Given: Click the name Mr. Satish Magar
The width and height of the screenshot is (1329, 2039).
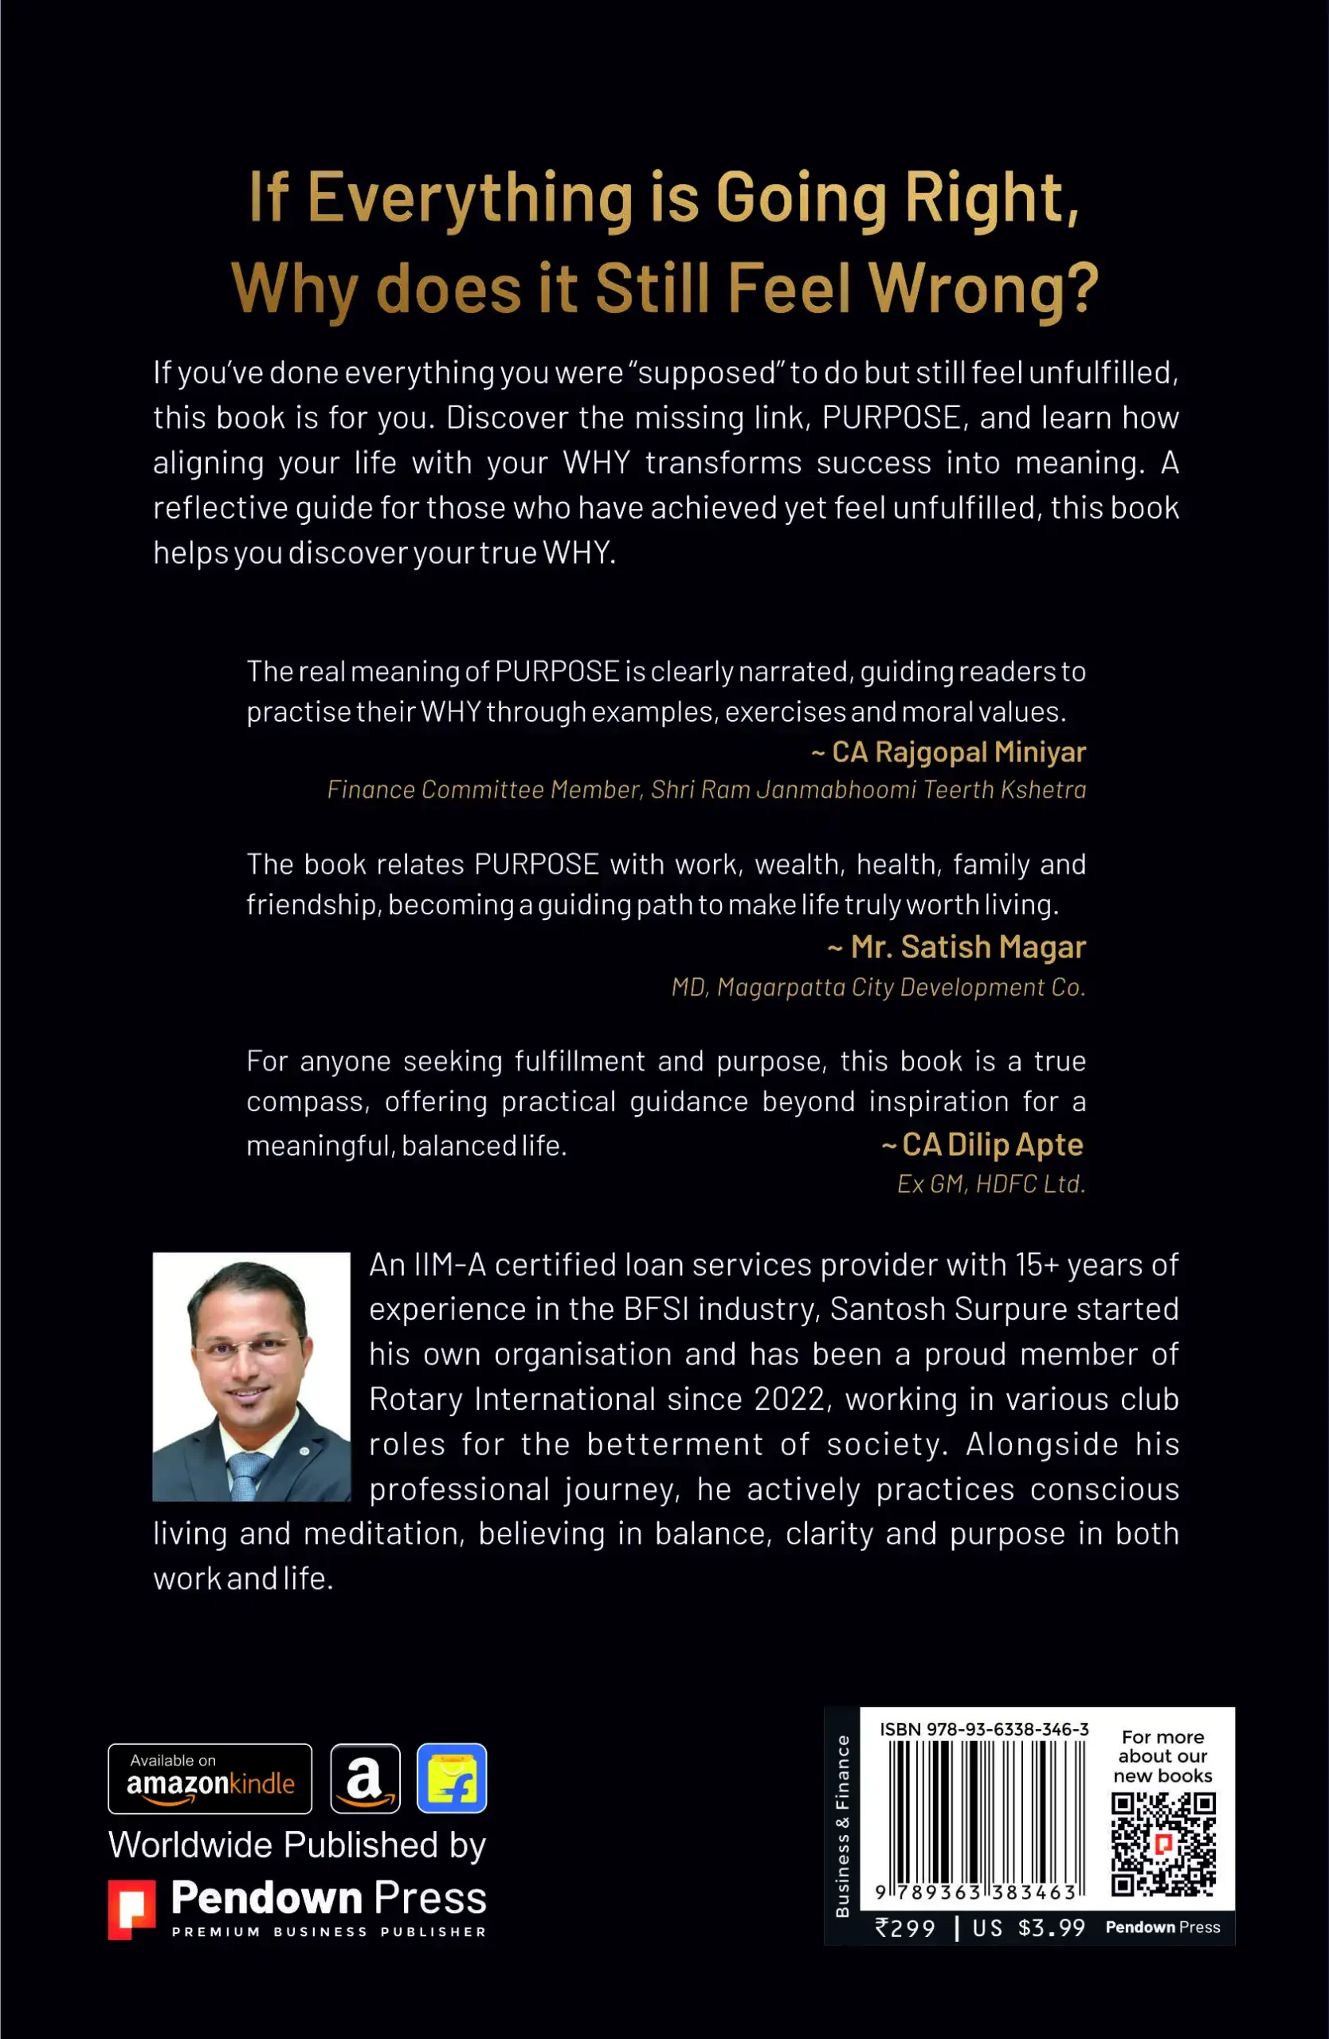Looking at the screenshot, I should pyautogui.click(x=956, y=947).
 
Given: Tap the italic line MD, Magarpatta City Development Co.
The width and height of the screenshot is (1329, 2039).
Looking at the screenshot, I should pyautogui.click(x=878, y=987).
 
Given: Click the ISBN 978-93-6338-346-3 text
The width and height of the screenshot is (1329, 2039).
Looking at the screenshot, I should pyautogui.click(x=984, y=1729).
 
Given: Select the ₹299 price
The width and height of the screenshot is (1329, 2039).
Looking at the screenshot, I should pyautogui.click(x=906, y=1927).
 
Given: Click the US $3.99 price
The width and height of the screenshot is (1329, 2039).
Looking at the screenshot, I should pyautogui.click(x=1029, y=1927).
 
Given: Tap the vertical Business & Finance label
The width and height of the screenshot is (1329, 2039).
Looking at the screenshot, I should pyautogui.click(x=842, y=1825).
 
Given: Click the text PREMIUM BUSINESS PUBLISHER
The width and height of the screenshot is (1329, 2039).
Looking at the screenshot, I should pyautogui.click(x=329, y=1932).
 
